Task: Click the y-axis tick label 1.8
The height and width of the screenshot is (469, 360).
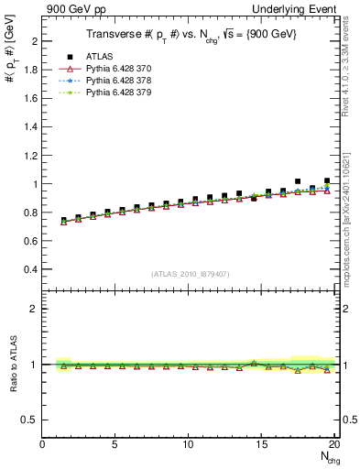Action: pos(31,70)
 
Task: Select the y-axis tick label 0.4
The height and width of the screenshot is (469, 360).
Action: pos(31,269)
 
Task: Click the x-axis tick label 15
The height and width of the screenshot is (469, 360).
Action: pos(262,444)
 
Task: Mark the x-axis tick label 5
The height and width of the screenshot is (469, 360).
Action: pos(115,444)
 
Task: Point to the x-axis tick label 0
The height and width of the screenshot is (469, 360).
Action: pos(43,444)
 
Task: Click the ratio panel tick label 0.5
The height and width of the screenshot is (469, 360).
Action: pos(30,420)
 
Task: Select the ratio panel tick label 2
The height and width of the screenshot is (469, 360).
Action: pos(35,309)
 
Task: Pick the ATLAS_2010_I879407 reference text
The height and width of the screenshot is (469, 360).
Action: pos(190,274)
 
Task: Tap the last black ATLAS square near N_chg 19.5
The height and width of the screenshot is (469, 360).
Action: pos(327,181)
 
